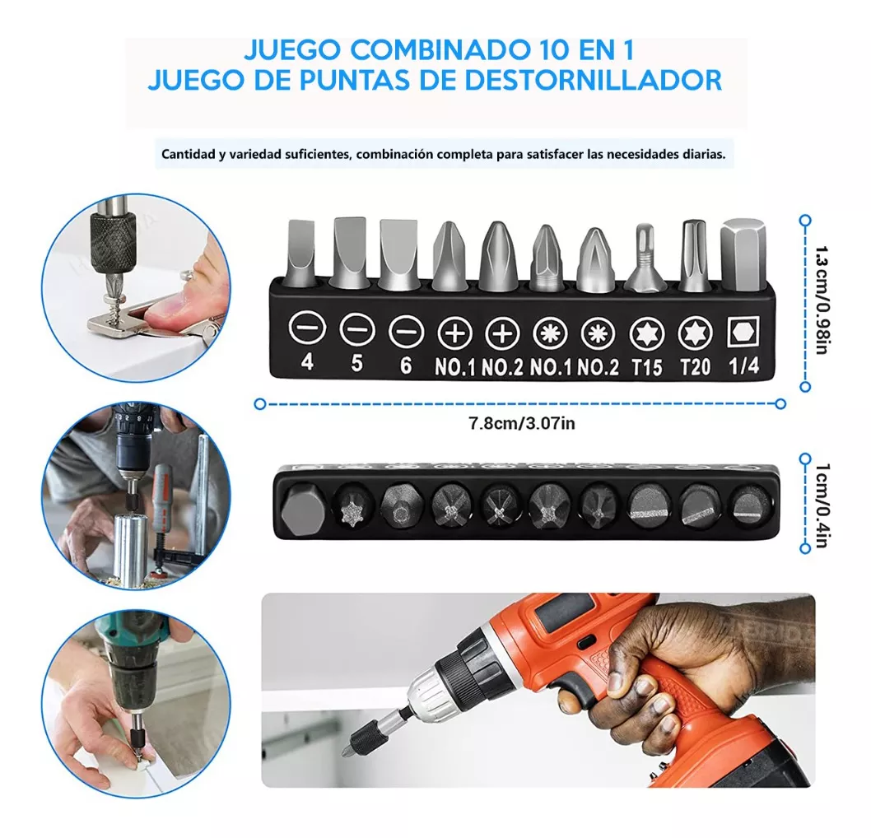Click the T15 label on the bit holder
point(646,367)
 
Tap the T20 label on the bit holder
point(695,367)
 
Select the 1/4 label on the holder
point(743,366)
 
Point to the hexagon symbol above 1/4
point(743,332)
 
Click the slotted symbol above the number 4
point(306,328)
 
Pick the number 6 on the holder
point(406,365)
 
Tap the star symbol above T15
point(647,334)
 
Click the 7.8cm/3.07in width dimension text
point(522,424)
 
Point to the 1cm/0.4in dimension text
point(822,505)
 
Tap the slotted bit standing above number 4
point(301,253)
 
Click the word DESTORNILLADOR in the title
point(594,80)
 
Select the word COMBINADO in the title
point(439,50)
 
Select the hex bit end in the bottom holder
point(300,508)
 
